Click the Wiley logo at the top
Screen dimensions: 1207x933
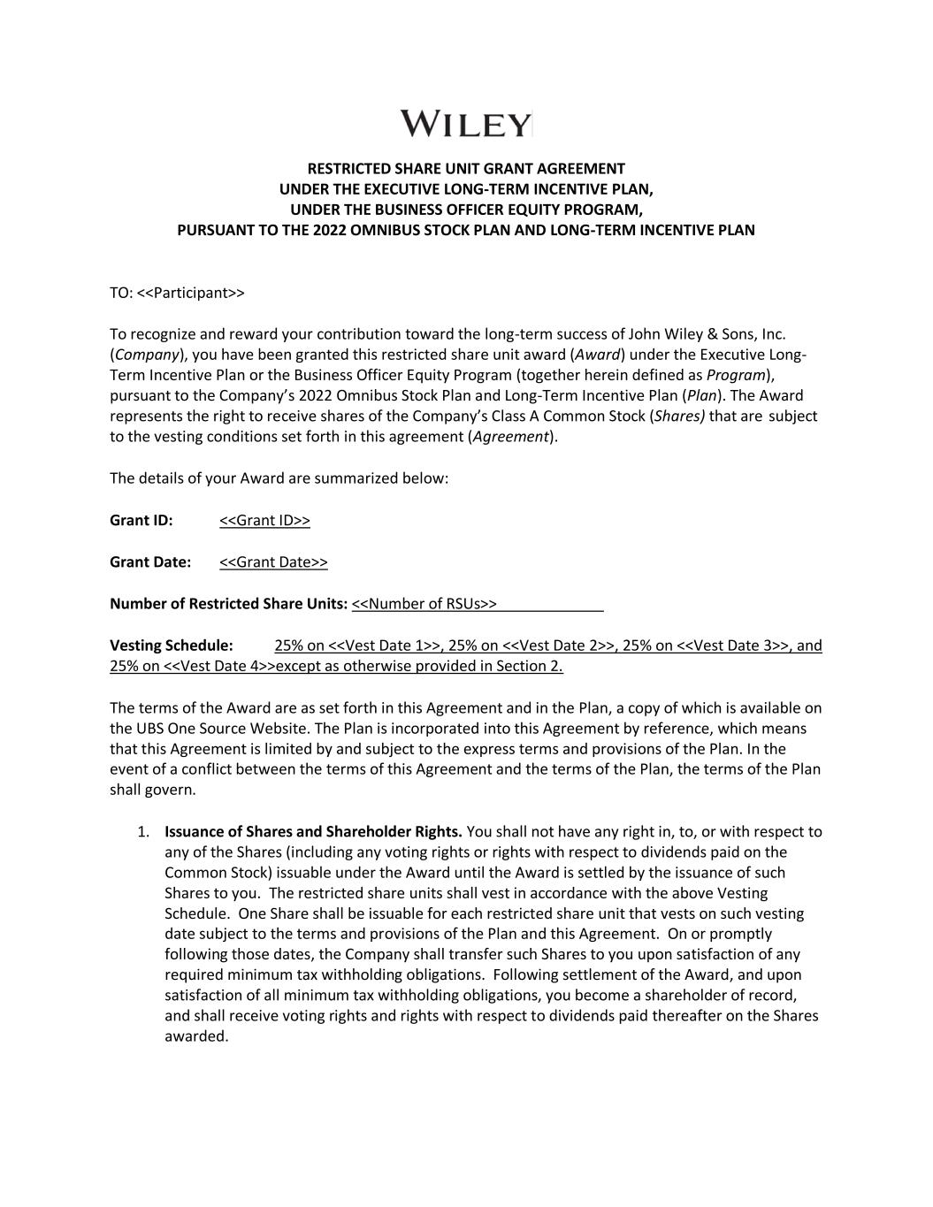pyautogui.click(x=466, y=124)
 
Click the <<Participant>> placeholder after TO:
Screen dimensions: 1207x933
pyautogui.click(x=191, y=293)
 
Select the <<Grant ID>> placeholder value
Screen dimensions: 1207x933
pyautogui.click(x=264, y=520)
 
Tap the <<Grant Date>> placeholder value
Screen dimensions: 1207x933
pyautogui.click(x=273, y=561)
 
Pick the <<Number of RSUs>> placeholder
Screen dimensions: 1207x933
pyautogui.click(x=424, y=604)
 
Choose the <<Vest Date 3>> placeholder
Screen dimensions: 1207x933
pyautogui.click(x=732, y=646)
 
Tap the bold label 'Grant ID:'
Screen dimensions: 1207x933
pyautogui.click(x=141, y=520)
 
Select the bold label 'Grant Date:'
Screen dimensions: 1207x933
pyautogui.click(x=150, y=561)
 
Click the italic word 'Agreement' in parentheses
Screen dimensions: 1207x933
pyautogui.click(x=510, y=436)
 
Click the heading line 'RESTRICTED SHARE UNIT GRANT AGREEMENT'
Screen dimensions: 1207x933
pyautogui.click(x=466, y=168)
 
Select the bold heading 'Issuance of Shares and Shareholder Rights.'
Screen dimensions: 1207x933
pyautogui.click(x=313, y=831)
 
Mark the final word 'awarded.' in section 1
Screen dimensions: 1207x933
pyautogui.click(x=196, y=1035)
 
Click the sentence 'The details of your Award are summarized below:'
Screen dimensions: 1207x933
pyautogui.click(x=279, y=478)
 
